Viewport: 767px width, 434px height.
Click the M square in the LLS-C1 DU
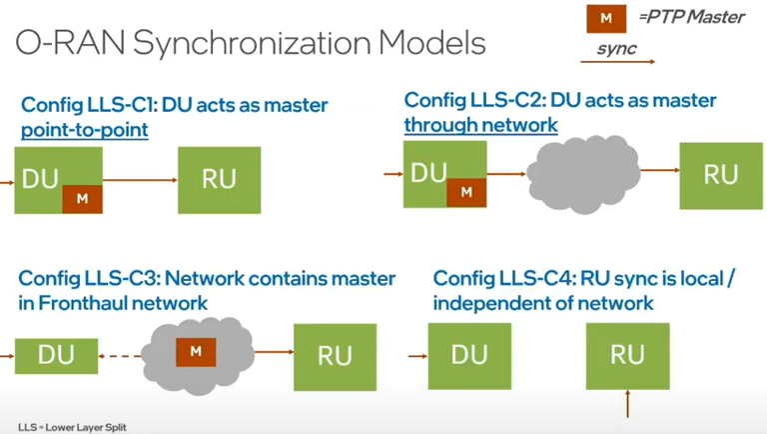82,198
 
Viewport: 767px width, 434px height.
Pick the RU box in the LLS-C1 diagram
219,180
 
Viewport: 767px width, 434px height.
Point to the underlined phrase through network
480,125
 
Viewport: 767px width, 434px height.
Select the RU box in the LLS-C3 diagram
335,354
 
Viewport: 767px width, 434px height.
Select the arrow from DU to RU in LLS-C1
140,180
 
